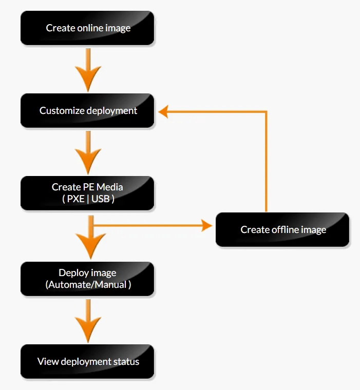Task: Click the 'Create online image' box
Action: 87,28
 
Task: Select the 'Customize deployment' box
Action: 87,110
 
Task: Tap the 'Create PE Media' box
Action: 87,193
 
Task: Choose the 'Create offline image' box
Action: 282,229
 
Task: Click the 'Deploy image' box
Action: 87,279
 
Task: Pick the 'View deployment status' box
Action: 87,361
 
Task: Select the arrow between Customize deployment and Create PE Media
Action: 88,153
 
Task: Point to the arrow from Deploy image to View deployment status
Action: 88,321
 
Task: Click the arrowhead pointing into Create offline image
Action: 207,225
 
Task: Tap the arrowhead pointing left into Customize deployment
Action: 163,111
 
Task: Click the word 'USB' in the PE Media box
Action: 100,199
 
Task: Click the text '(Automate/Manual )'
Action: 88,284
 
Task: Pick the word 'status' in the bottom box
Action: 126,361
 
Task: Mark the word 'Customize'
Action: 62,110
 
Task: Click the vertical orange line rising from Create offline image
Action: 266,162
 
